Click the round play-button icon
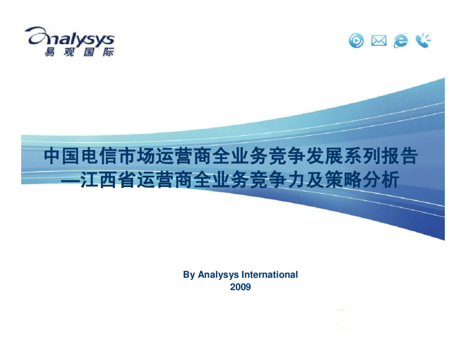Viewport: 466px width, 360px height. tap(357, 41)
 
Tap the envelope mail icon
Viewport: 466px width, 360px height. tap(379, 41)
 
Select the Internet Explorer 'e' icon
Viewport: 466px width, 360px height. tap(401, 41)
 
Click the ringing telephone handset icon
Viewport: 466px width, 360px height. tap(423, 40)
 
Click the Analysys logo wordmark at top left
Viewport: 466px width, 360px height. tap(70, 37)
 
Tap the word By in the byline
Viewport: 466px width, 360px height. tap(189, 275)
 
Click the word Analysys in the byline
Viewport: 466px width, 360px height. tap(217, 275)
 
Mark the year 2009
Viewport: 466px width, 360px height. tap(241, 287)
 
